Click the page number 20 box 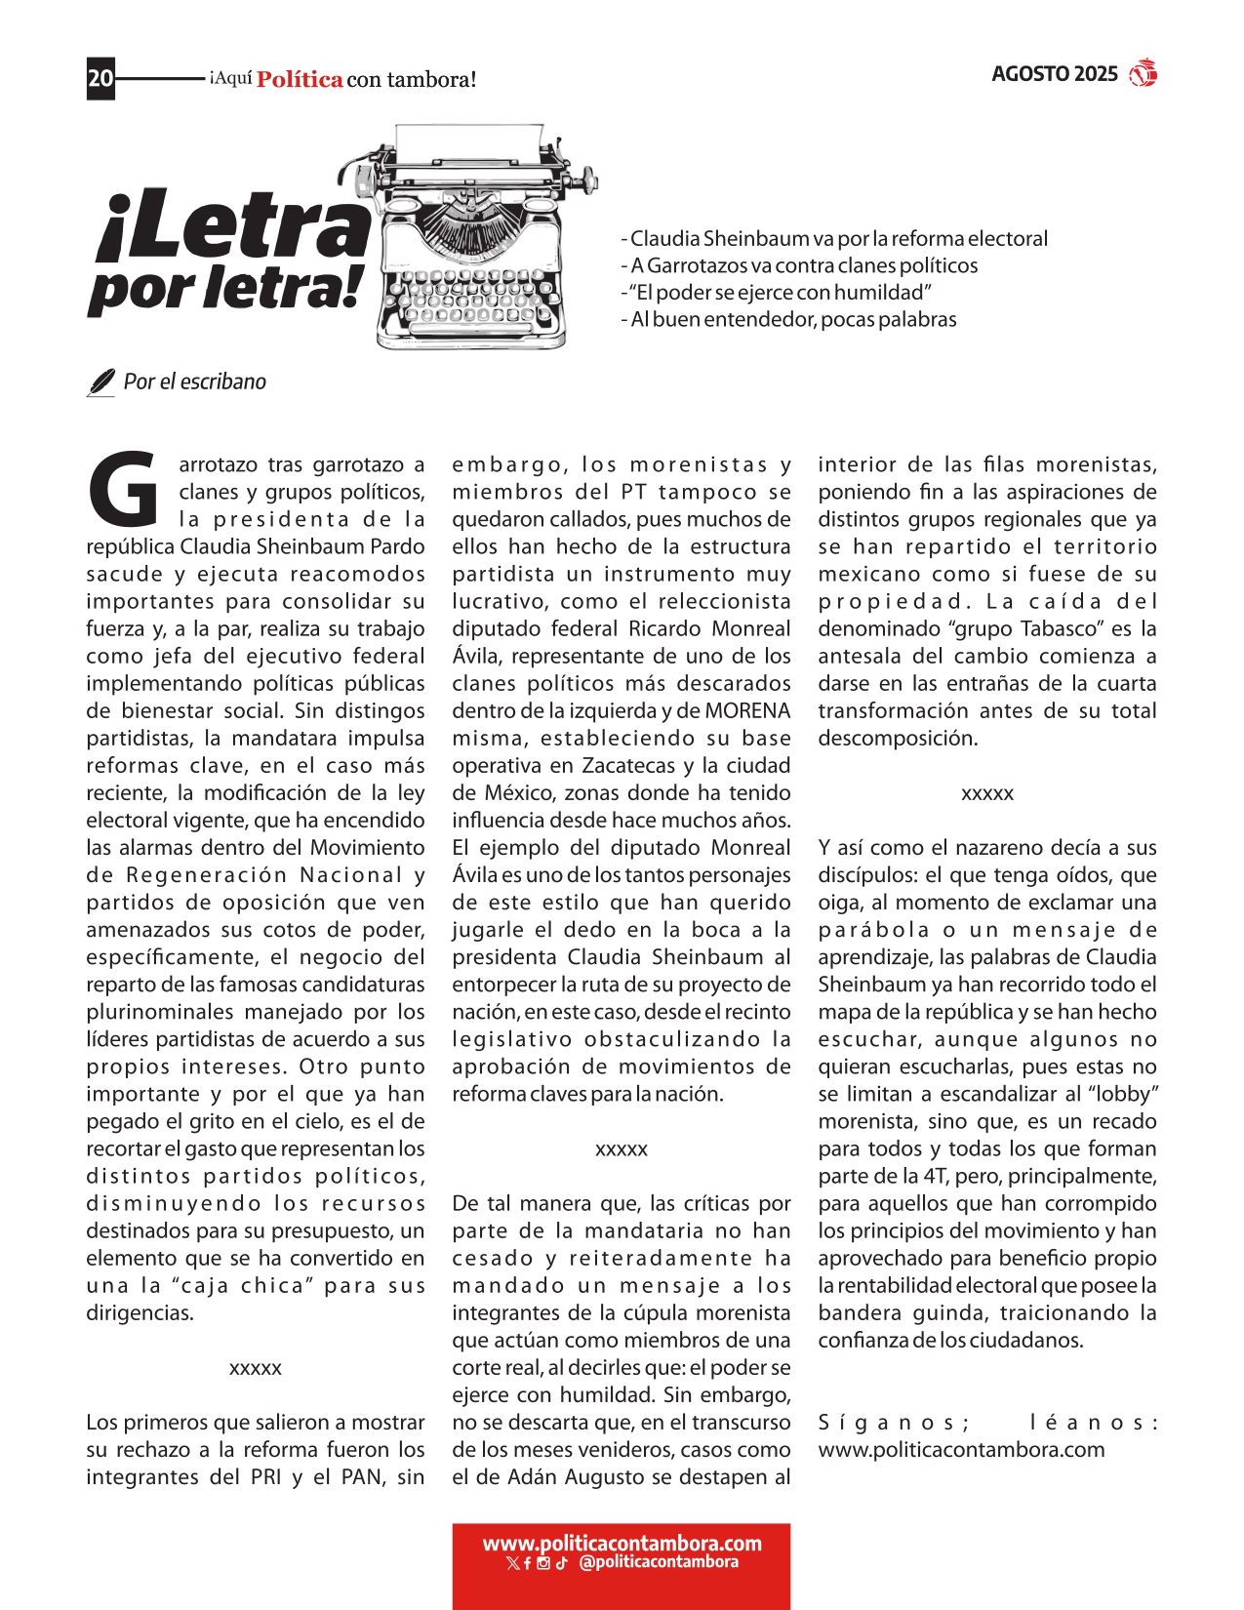pos(100,78)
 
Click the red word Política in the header pos(300,80)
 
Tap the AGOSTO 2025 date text pos(1054,74)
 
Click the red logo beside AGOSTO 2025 pos(1143,74)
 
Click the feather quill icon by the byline pos(100,382)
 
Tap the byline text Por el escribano pos(194,382)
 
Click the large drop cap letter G pos(124,488)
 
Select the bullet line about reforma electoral pos(834,239)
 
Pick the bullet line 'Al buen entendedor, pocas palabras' pos(788,320)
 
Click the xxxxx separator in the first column pos(256,1369)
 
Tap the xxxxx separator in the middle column pos(622,1149)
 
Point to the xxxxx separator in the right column pos(987,794)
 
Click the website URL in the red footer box pos(622,1544)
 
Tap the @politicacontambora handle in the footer pos(659,1562)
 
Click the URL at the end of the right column pos(961,1450)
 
